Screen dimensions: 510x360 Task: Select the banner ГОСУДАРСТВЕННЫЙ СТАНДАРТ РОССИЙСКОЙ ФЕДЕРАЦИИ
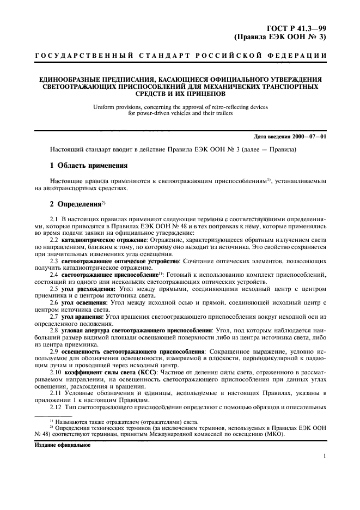point(180,57)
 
